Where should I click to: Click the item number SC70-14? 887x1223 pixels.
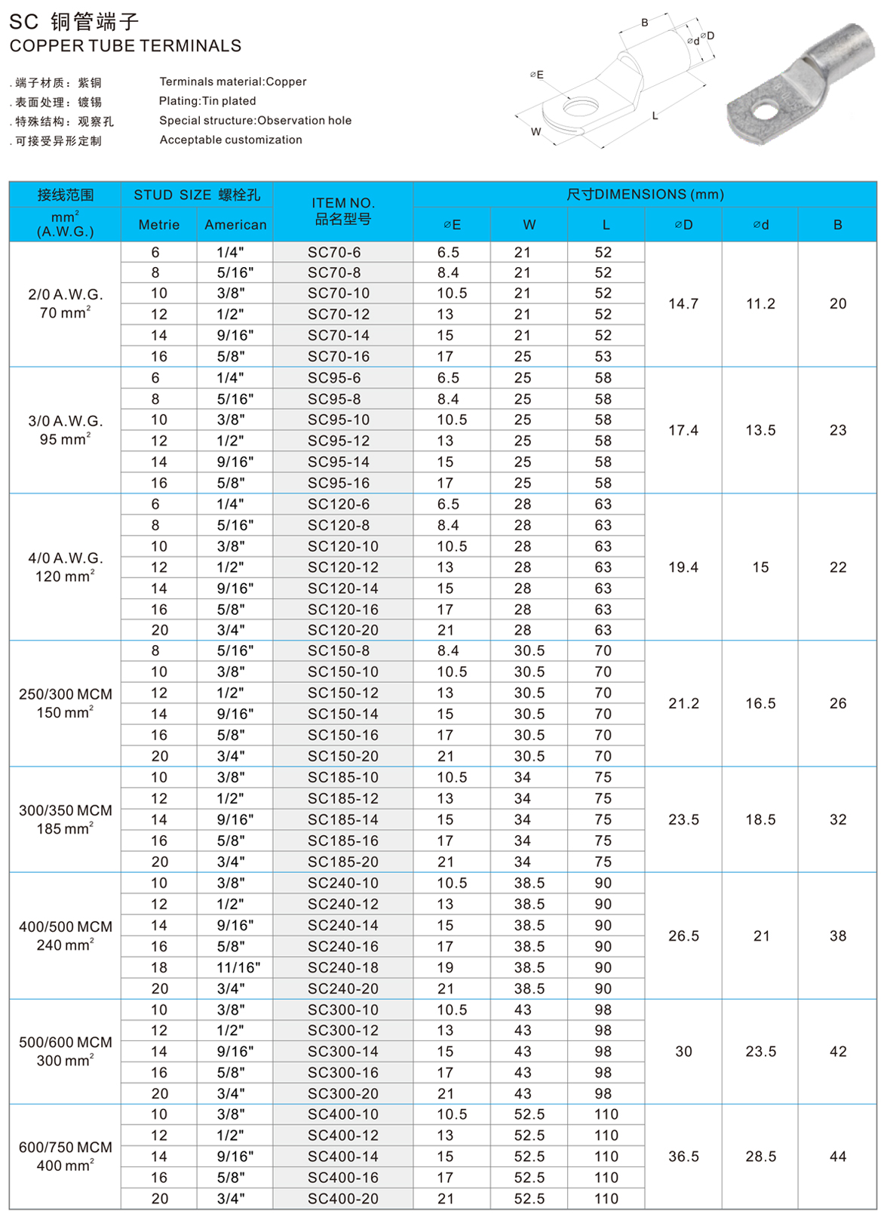(x=339, y=335)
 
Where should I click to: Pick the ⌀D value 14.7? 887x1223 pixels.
(x=683, y=303)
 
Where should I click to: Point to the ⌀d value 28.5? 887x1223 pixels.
(x=760, y=1156)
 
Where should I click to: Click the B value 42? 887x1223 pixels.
(x=838, y=1051)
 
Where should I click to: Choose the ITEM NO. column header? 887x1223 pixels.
(x=343, y=211)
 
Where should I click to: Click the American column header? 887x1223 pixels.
(x=235, y=225)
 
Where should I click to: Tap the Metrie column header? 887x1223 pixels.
(x=159, y=225)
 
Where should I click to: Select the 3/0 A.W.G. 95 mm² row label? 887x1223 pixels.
(x=66, y=430)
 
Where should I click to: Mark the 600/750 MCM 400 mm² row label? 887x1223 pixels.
(x=66, y=1156)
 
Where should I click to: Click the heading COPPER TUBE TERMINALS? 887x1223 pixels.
(x=125, y=46)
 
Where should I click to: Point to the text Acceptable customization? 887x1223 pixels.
(x=231, y=140)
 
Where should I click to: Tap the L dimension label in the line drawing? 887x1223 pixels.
(x=655, y=115)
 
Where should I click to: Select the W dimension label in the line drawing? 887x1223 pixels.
(x=536, y=131)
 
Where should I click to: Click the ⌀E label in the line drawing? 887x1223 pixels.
(x=536, y=75)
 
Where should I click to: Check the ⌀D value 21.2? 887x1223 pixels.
(x=683, y=703)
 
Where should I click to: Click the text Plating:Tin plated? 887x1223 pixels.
(x=207, y=101)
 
